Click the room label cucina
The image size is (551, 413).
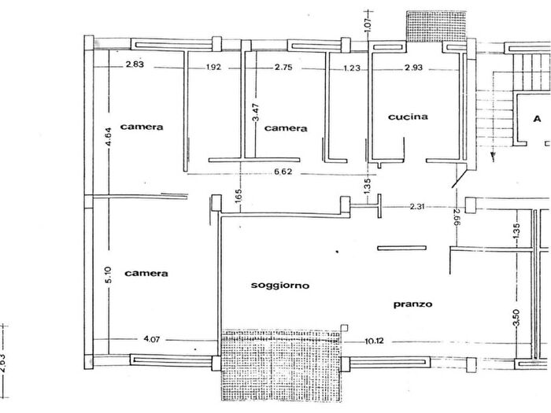point(408,116)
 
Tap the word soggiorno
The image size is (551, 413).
point(280,285)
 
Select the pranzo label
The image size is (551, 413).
point(412,304)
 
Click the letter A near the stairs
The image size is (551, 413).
point(537,119)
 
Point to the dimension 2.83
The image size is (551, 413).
point(135,65)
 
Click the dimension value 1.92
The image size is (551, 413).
point(213,67)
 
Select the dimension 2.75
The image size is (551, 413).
point(283,67)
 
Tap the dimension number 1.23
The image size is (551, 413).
point(352,68)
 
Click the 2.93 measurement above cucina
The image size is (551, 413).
point(413,68)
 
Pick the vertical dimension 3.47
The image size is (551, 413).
point(256,112)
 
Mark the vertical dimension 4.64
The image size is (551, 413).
point(109,137)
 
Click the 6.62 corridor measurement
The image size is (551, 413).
point(283,171)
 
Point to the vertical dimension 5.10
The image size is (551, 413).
point(108,275)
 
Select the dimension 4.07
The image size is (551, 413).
point(152,339)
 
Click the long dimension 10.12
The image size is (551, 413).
point(374,341)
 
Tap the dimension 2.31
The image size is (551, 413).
point(416,206)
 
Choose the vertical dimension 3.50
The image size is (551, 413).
point(516,318)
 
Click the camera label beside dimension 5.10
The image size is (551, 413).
point(146,273)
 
